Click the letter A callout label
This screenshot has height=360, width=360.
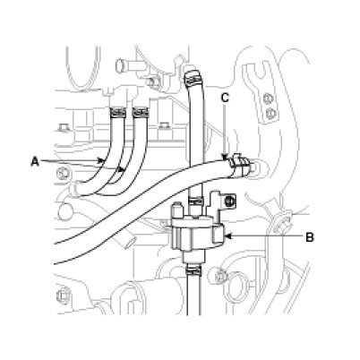pyautogui.click(x=35, y=162)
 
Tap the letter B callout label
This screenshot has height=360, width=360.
pyautogui.click(x=310, y=237)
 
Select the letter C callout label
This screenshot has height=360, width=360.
pyautogui.click(x=225, y=98)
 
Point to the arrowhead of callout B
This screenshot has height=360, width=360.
pyautogui.click(x=227, y=236)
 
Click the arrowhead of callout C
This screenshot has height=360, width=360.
pyautogui.click(x=225, y=156)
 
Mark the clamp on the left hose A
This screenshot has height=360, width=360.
pyautogui.click(x=117, y=112)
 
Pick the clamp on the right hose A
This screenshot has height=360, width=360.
pyautogui.click(x=141, y=112)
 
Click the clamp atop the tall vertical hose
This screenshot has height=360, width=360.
pyautogui.click(x=193, y=76)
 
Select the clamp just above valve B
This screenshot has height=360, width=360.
pyautogui.click(x=195, y=199)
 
